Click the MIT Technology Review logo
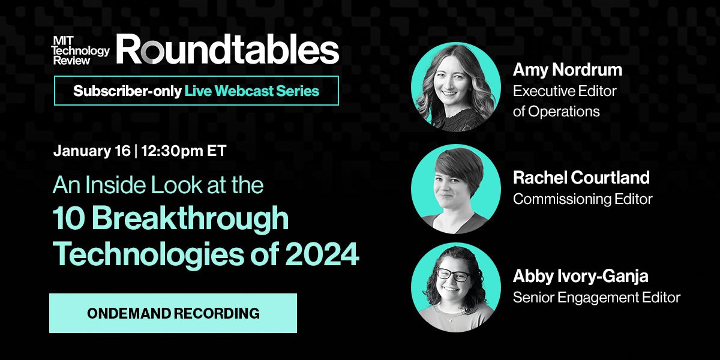(81, 50)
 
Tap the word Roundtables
(227, 49)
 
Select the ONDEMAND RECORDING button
(173, 313)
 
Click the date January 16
(92, 151)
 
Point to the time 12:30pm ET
(184, 151)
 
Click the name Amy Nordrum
(568, 70)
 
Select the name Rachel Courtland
(581, 178)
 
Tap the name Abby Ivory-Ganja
(581, 277)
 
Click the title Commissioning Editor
(583, 199)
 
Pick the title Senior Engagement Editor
(596, 298)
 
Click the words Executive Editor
(565, 91)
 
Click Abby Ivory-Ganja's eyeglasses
(454, 275)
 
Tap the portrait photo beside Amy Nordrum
(456, 87)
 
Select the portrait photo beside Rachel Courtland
(456, 189)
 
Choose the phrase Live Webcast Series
(252, 91)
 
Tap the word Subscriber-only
(127, 91)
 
